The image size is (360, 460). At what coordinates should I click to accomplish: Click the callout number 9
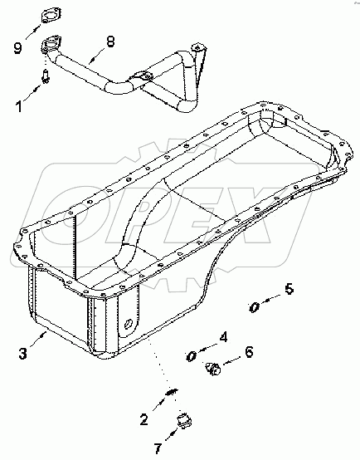(x=18, y=47)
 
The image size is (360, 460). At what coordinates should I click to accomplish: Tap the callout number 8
(x=110, y=42)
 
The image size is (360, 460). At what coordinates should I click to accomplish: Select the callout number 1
(x=19, y=106)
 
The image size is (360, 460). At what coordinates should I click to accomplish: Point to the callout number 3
(x=23, y=353)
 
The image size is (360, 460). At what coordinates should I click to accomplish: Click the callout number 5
(x=289, y=289)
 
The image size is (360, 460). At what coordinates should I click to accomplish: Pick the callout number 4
(x=223, y=337)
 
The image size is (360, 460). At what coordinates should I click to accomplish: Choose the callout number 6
(x=249, y=352)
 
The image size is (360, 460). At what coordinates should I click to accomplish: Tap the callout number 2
(x=144, y=419)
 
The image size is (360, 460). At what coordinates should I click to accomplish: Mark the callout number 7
(x=158, y=448)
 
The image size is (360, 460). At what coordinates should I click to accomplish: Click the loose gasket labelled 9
(x=51, y=17)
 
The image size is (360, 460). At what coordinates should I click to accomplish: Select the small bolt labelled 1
(x=46, y=76)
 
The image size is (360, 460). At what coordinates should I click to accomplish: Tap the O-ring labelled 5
(x=254, y=307)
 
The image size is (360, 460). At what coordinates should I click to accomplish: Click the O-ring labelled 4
(x=192, y=356)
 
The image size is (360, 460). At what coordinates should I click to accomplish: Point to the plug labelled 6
(x=214, y=369)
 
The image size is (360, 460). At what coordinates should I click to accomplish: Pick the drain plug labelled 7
(x=184, y=420)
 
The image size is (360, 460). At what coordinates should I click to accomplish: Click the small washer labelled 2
(x=172, y=392)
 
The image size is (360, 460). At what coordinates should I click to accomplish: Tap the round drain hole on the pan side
(x=128, y=324)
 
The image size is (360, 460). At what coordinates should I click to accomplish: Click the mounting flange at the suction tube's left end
(x=51, y=44)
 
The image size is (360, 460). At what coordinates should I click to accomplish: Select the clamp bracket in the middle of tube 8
(x=142, y=77)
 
